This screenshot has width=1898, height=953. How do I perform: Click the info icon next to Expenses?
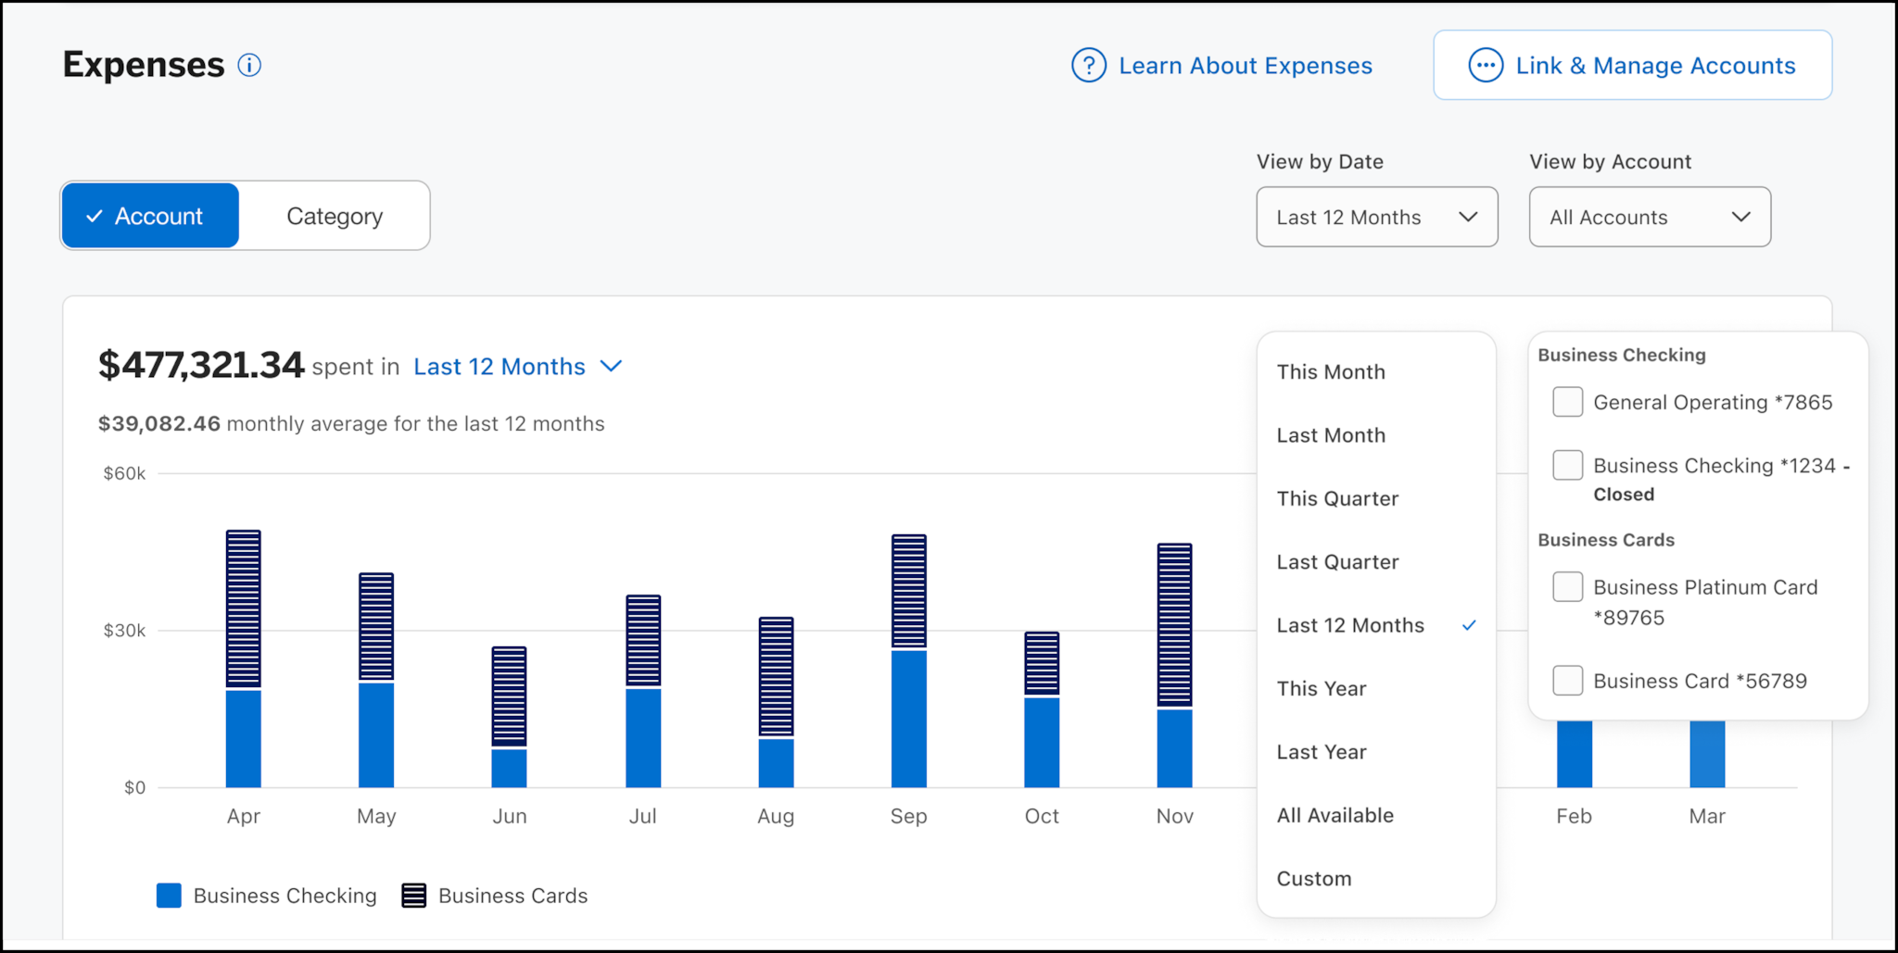249,65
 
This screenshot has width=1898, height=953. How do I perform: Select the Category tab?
334,216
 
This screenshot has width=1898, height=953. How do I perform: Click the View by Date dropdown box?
1376,217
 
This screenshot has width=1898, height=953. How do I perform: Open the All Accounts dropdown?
1649,217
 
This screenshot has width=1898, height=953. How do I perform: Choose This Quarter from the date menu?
1336,498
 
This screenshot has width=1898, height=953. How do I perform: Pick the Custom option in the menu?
1313,878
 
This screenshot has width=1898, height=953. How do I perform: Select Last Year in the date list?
1321,752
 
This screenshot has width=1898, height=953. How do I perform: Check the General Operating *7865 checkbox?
1567,402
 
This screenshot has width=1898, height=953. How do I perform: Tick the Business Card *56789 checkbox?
1567,681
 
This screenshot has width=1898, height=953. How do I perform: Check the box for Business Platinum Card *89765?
1567,587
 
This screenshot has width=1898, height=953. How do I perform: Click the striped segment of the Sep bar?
908,591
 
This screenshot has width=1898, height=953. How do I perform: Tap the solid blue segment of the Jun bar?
509,768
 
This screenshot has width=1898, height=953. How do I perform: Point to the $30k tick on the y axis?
124,631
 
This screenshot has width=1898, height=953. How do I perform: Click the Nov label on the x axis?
1174,816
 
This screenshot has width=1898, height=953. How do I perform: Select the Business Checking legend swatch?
169,896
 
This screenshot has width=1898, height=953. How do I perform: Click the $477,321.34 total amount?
201,365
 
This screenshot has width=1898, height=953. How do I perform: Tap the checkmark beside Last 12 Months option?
1469,625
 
